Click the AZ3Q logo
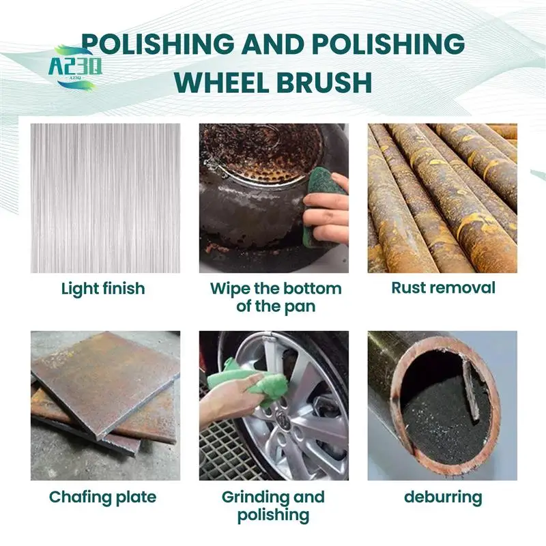click(75, 68)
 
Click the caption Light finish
click(103, 289)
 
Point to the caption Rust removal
click(443, 288)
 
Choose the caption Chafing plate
click(103, 498)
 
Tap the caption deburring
click(443, 498)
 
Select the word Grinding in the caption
click(255, 498)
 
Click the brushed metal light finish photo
click(106, 198)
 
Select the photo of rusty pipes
click(442, 198)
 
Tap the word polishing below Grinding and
click(274, 515)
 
